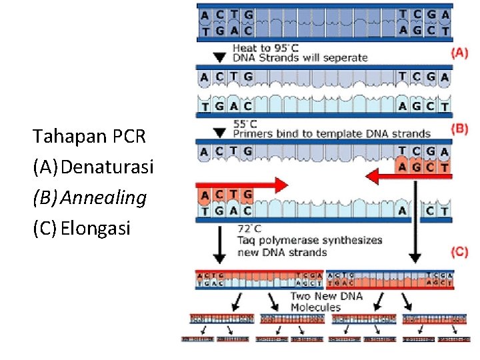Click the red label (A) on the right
click(x=460, y=53)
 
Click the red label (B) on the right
click(x=460, y=129)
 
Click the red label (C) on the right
click(x=460, y=252)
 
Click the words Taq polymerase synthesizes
click(x=310, y=239)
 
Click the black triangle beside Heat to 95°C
click(x=218, y=58)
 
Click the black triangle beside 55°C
click(x=218, y=133)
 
